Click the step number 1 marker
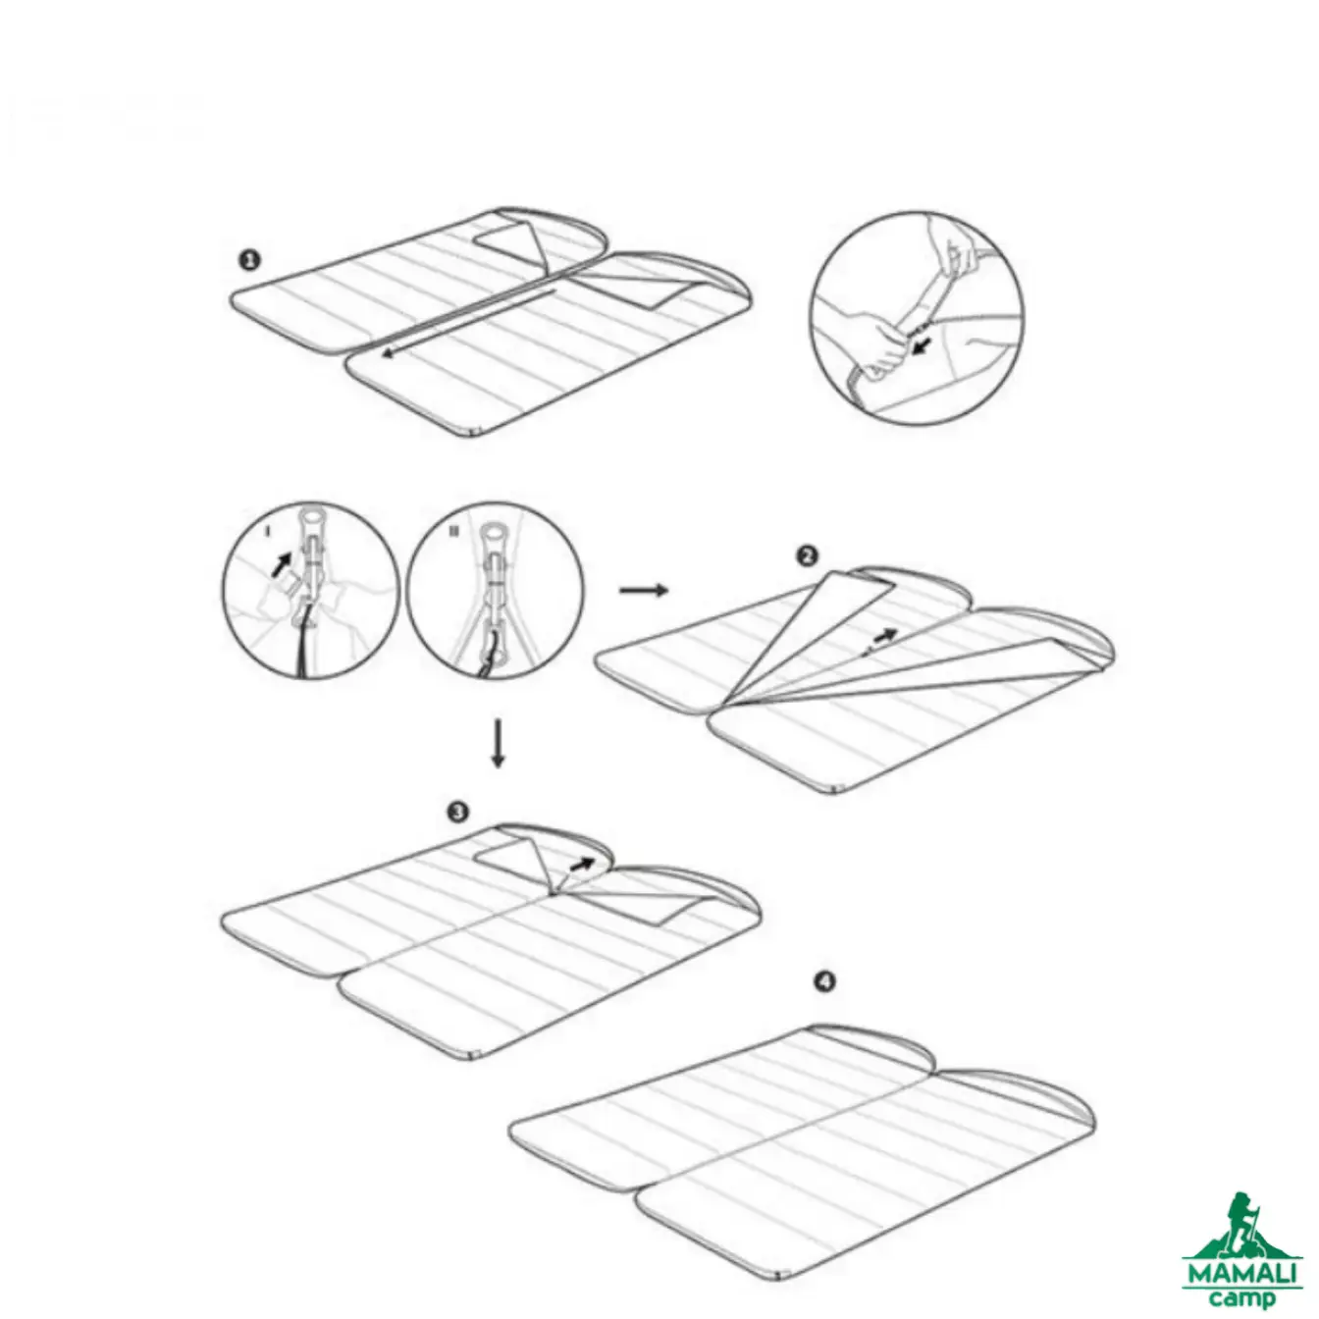(249, 260)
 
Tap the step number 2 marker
(809, 555)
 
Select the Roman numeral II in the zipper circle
(453, 531)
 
